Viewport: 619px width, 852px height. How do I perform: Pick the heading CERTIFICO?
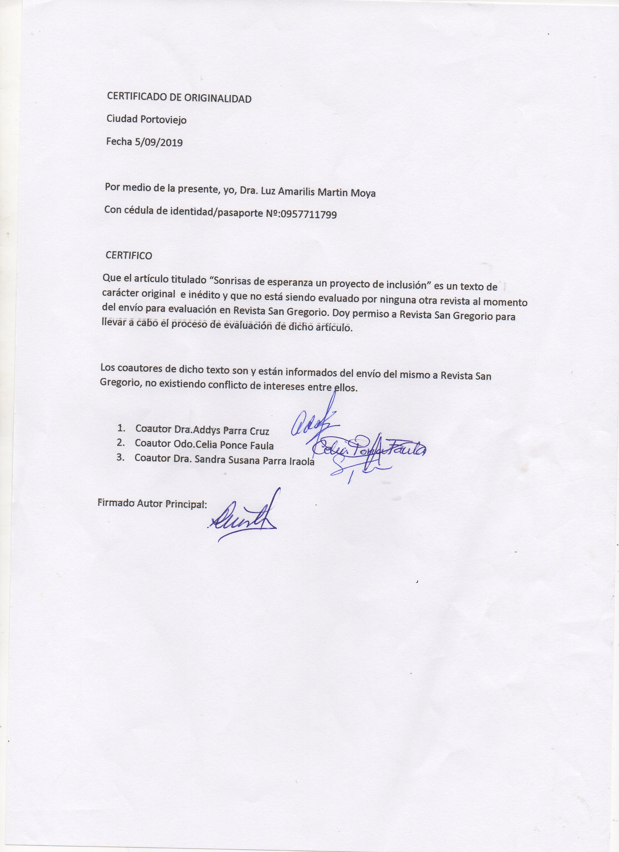point(129,255)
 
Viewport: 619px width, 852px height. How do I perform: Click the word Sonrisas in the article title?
point(232,281)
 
